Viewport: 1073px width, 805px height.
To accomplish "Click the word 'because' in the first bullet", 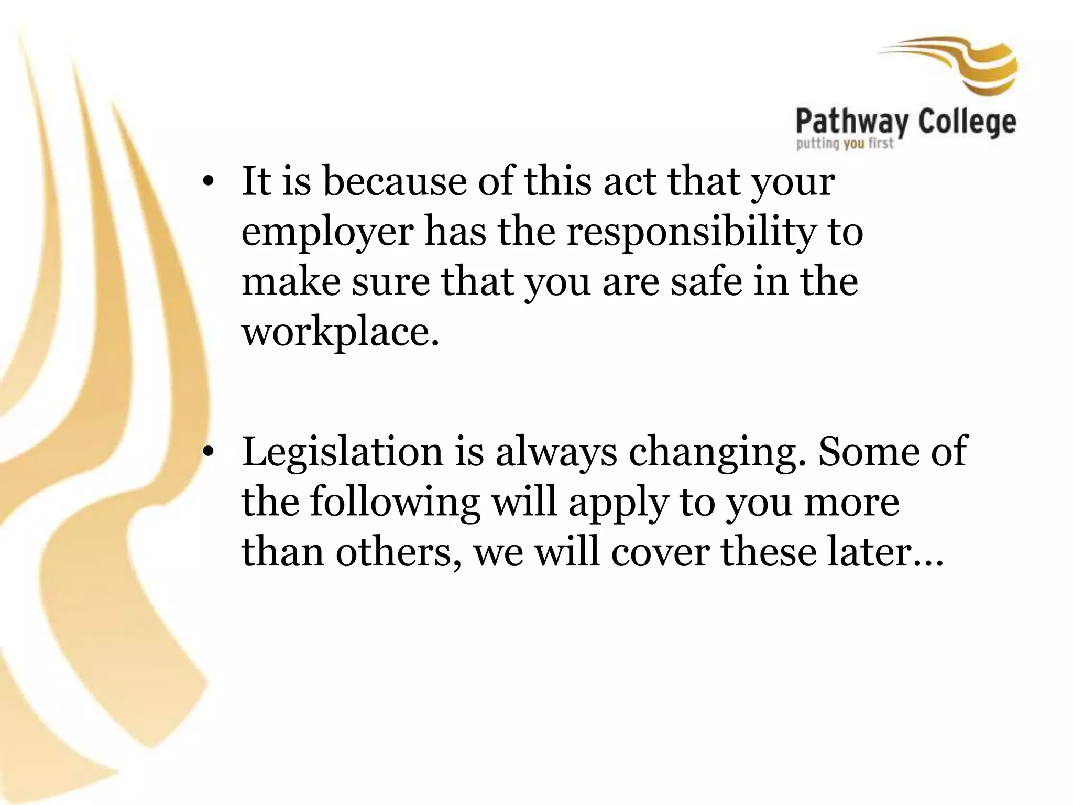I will pyautogui.click(x=394, y=181).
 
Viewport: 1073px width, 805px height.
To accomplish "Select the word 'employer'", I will pyautogui.click(x=327, y=232).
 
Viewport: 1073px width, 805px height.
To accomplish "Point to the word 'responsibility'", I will pyautogui.click(x=692, y=232).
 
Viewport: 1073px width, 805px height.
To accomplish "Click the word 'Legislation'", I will pyautogui.click(x=342, y=452).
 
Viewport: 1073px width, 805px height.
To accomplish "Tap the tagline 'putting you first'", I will pyautogui.click(x=845, y=143).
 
